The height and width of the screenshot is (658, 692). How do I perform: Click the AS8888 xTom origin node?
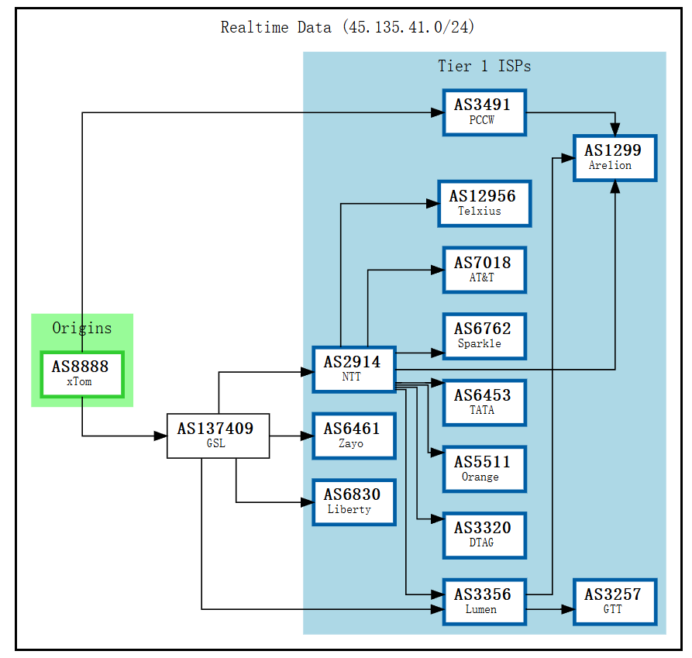82,374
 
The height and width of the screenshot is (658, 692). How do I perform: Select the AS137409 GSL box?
218,436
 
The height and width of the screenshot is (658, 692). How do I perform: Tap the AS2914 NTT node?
354,369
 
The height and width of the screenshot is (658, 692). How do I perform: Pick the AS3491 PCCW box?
484,112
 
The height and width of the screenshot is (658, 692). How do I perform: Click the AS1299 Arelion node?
615,158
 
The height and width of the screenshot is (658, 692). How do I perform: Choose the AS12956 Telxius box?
484,203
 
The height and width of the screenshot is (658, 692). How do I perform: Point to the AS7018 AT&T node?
484,270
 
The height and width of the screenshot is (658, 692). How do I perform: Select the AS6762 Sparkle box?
484,336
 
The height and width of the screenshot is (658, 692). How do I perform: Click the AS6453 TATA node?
484,402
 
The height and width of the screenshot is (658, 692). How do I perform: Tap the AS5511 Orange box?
484,469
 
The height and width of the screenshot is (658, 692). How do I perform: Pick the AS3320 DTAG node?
484,535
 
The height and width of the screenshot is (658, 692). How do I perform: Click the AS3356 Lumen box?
484,601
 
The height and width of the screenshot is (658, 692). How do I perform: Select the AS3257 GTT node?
615,601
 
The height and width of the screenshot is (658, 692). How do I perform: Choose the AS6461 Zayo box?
354,436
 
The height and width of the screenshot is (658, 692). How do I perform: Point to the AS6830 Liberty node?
354,502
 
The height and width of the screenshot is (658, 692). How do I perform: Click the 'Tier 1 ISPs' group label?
484,66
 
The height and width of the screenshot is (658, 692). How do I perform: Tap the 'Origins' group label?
82,328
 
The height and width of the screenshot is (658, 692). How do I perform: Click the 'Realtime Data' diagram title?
347,27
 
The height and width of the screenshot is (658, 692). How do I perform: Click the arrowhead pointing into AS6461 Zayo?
306,436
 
